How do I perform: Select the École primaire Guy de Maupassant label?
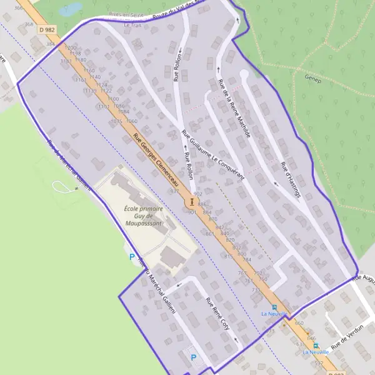[x=143, y=216]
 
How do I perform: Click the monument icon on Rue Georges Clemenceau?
[x=191, y=202]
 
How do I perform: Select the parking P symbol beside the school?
[x=132, y=256]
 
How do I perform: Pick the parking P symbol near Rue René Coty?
[x=193, y=357]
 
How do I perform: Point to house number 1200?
[x=71, y=47]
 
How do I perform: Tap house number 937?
[x=174, y=191]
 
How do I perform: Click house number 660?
[x=299, y=323]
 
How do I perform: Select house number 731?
[x=256, y=291]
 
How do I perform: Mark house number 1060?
[x=131, y=121]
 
